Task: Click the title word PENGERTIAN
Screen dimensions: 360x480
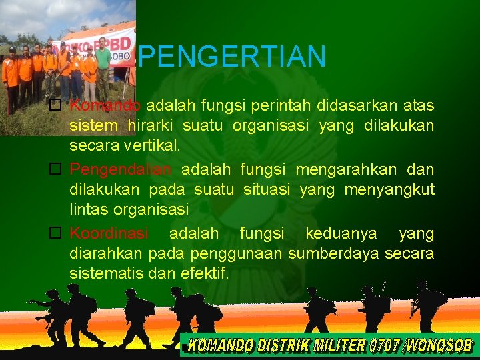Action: point(233,57)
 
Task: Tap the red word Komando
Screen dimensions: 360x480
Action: point(105,106)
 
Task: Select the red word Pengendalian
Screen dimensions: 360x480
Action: point(121,169)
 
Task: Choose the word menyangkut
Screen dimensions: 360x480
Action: point(389,190)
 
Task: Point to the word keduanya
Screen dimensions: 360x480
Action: point(341,233)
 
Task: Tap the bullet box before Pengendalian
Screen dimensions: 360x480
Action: point(56,170)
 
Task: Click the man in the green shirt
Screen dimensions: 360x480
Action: point(103,67)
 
